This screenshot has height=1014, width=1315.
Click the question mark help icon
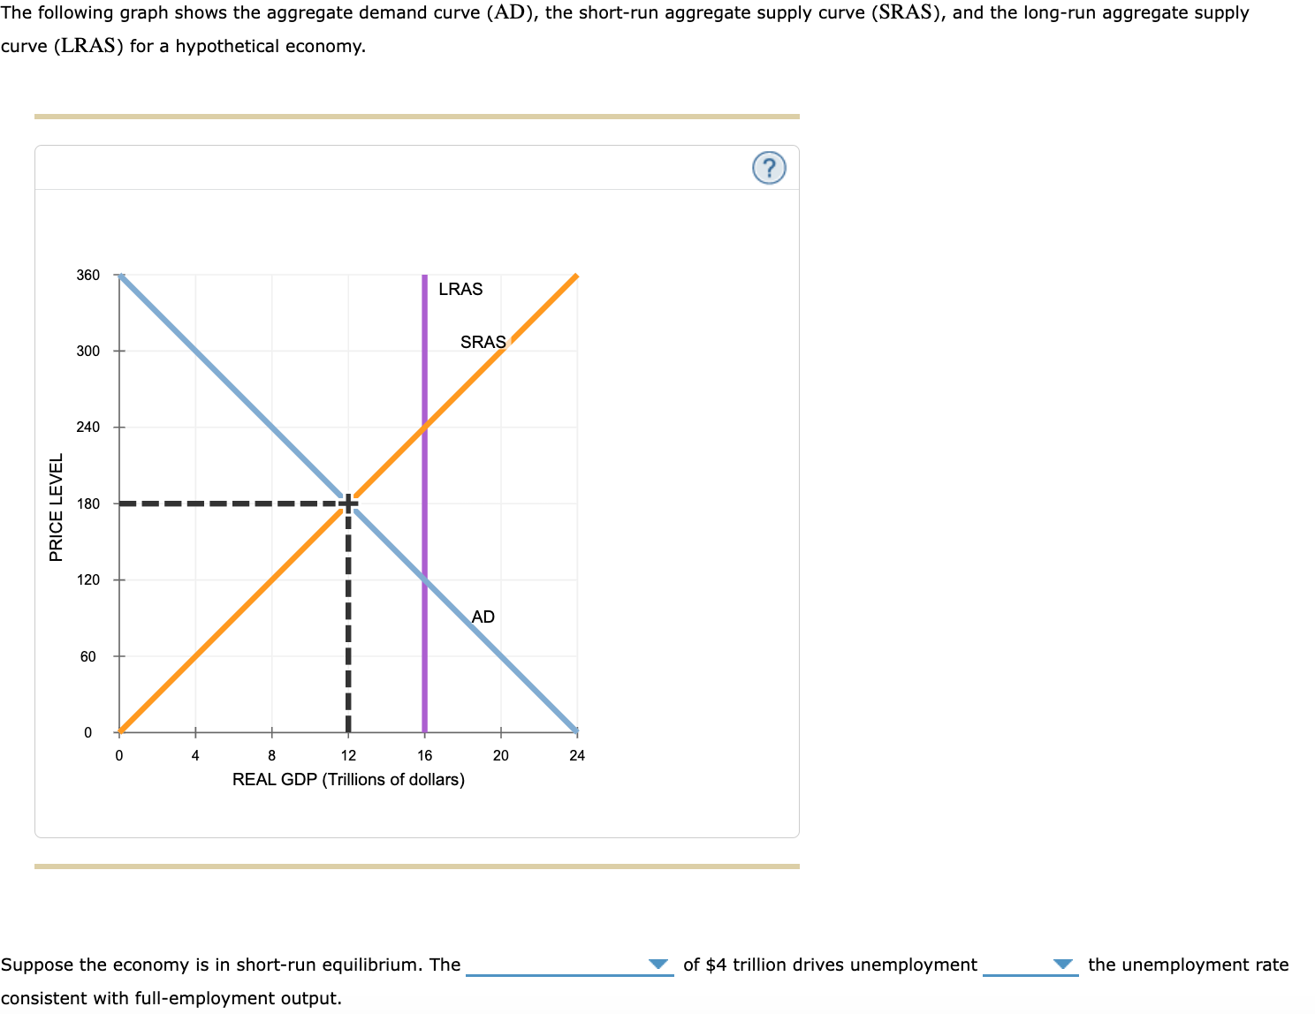(x=769, y=168)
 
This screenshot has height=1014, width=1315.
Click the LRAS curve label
(x=460, y=289)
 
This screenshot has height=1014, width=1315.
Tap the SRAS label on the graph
(x=483, y=342)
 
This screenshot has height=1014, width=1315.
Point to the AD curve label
(x=483, y=617)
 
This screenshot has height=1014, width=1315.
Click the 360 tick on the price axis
(x=88, y=275)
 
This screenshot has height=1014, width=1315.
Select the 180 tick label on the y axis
(x=88, y=503)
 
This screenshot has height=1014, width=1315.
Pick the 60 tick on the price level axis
(x=88, y=656)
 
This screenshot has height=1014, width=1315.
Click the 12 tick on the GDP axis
(x=348, y=755)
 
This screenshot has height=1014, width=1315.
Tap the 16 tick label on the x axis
(x=425, y=755)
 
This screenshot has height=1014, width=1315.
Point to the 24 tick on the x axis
(x=577, y=755)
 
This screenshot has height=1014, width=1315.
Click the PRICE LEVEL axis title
(x=57, y=507)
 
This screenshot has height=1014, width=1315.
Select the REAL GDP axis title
(x=348, y=779)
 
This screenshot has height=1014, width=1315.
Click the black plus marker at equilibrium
(x=348, y=503)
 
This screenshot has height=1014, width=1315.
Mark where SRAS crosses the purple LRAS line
(x=424, y=428)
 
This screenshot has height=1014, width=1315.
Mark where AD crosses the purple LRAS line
(x=424, y=580)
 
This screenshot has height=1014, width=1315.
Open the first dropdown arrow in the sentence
(x=657, y=965)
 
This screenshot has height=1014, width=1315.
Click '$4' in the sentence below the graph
(x=717, y=965)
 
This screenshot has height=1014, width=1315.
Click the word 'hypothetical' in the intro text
(x=227, y=46)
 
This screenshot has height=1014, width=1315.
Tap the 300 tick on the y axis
(x=88, y=351)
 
